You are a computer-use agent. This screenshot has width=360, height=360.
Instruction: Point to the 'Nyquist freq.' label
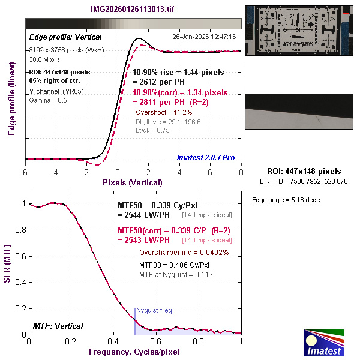coord(155,310)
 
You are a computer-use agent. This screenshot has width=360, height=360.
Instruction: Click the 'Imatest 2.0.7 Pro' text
coord(206,158)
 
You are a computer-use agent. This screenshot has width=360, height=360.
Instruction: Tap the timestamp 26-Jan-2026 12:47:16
coord(204,37)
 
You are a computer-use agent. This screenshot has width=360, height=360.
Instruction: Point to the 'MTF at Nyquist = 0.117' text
coord(176,274)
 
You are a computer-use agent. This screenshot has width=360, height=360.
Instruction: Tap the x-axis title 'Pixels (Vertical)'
coord(133,182)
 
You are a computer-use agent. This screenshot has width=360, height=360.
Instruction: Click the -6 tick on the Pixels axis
coord(25,172)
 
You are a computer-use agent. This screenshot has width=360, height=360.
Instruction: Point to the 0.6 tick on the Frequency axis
coord(156,341)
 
